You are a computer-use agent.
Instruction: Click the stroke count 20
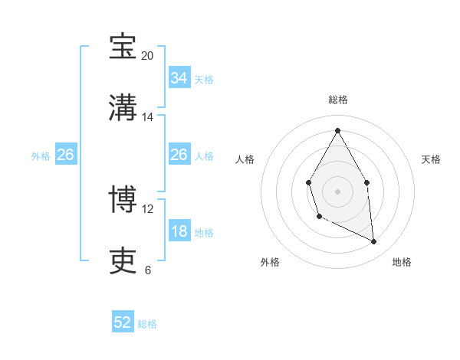coord(147,56)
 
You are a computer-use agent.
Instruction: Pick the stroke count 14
coord(147,117)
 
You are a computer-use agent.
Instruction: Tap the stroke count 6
coord(147,270)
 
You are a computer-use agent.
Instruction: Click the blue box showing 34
coord(179,78)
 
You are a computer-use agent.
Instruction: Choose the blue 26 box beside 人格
coord(179,155)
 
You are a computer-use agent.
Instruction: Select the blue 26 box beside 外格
coord(65,155)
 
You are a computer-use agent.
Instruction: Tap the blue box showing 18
coord(179,231)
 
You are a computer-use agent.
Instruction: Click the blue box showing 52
coord(123,323)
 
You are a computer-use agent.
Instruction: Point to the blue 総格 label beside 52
coord(147,324)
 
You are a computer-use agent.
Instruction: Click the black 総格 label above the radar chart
coord(338,100)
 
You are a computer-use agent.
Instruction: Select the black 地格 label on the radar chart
coord(402,262)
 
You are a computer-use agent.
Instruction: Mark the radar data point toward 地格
coord(374,241)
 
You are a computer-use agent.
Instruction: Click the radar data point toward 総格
coord(337,130)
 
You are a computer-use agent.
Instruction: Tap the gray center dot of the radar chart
coord(337,190)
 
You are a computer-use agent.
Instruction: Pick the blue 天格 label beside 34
coord(204,79)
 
